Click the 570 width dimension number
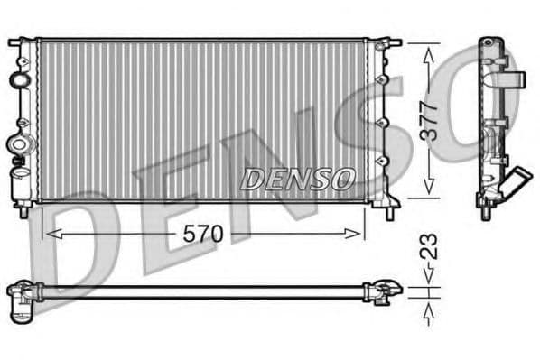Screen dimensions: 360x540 pyautogui.click(x=203, y=233)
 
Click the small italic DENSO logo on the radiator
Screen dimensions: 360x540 pyautogui.click(x=296, y=179)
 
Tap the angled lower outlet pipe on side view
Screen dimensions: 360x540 pyautogui.click(x=517, y=186)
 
